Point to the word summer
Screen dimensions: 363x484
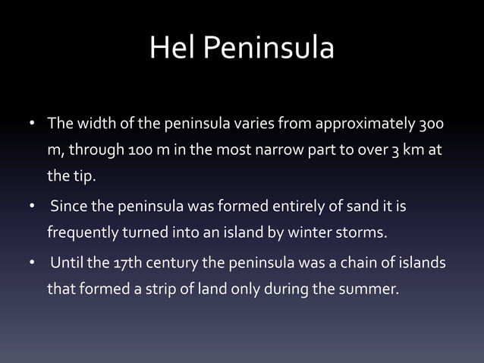tap(370, 288)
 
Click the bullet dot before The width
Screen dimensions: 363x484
tap(32, 124)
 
